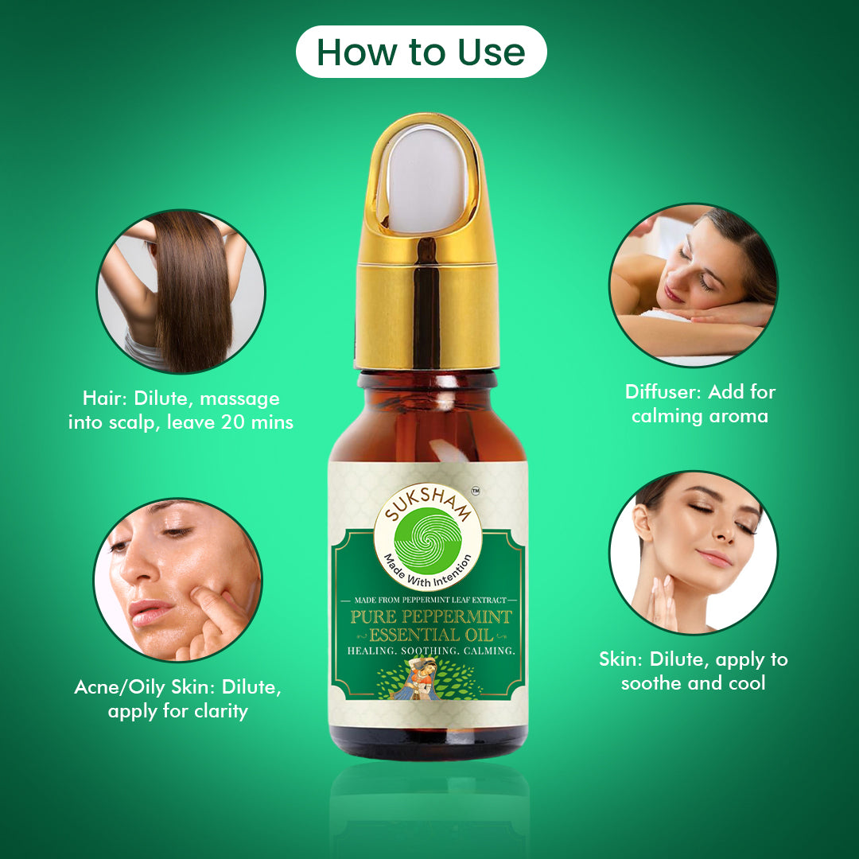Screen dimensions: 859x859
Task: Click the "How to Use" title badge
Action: [x=421, y=52]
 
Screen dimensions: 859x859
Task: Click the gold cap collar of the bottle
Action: [x=426, y=316]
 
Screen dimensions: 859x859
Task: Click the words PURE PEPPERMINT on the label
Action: [x=431, y=617]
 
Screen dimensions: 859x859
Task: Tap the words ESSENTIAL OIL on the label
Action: [x=431, y=636]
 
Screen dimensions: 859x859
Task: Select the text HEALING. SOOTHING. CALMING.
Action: [x=431, y=651]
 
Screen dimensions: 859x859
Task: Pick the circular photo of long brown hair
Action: [x=181, y=291]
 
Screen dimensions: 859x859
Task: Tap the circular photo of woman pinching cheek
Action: [x=178, y=580]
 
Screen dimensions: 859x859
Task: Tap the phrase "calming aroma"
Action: [x=700, y=416]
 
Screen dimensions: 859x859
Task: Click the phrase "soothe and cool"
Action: [x=693, y=683]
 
